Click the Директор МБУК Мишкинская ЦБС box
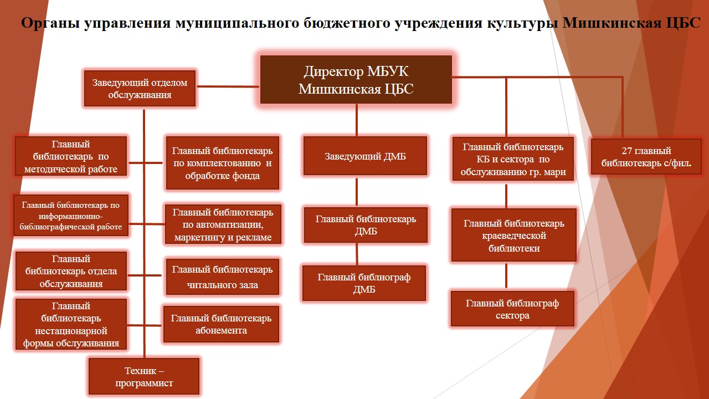356,80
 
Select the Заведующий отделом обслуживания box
140,89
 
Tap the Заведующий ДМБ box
365,156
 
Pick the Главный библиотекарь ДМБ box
366,225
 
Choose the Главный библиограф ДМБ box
364,283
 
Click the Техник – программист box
144,377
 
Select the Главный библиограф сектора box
512,309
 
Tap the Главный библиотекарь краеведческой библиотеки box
513,235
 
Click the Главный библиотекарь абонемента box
221,324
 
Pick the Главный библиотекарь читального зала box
222,277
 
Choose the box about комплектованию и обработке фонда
222,163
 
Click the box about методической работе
71,156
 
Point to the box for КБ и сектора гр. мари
512,159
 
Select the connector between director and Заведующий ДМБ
357,120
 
